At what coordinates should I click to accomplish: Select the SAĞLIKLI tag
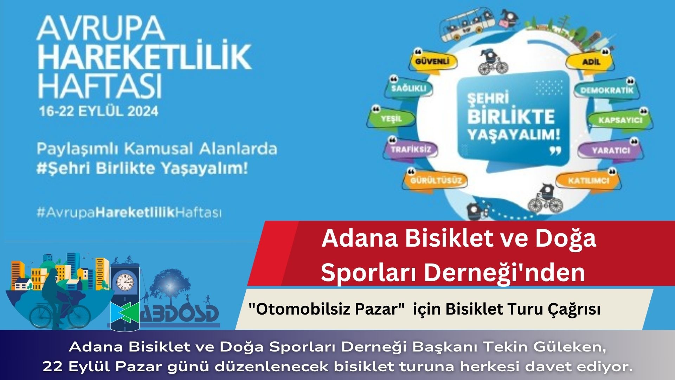coord(409,88)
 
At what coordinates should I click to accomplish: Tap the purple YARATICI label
coord(611,150)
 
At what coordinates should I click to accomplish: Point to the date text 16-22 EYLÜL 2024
coord(99,111)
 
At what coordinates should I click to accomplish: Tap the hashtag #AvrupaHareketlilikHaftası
coord(129,213)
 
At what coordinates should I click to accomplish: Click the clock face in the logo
coord(125,282)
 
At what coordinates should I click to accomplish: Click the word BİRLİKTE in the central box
coord(511,117)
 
